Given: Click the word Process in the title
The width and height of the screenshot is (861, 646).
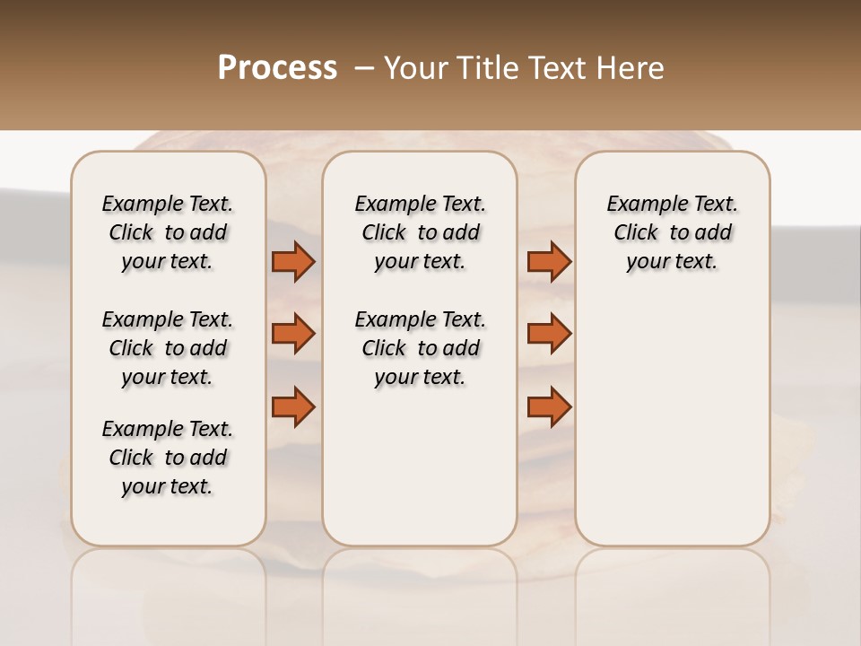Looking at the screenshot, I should click(277, 68).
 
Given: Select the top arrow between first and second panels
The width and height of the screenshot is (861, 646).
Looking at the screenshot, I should click(293, 262).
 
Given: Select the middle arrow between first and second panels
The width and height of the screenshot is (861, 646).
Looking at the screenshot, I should click(293, 334).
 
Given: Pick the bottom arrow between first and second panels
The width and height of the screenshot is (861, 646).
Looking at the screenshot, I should click(293, 406).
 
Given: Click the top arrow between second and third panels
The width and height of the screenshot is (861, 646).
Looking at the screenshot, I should click(549, 262).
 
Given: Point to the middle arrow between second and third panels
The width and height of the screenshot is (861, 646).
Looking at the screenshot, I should click(549, 334).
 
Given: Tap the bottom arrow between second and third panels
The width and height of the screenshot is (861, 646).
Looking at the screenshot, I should click(549, 406).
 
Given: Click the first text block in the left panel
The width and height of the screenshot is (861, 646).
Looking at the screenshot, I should click(168, 232).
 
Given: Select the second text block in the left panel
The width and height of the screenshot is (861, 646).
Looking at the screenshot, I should click(168, 348).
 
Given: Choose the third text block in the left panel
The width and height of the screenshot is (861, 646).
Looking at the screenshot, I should click(168, 458).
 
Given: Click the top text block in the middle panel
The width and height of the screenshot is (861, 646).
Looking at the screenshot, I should click(420, 232).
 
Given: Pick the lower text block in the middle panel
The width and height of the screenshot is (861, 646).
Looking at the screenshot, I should click(420, 348).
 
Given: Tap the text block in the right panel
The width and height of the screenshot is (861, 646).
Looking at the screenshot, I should click(672, 232).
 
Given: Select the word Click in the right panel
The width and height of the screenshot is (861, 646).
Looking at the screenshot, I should click(636, 233).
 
